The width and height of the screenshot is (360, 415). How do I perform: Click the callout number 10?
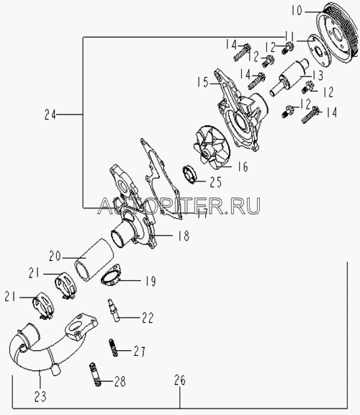click(x=297, y=11)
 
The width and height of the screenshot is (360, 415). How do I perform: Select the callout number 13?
click(x=318, y=76)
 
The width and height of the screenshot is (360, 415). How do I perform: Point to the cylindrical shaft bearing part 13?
click(x=289, y=77)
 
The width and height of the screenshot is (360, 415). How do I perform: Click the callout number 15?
click(x=203, y=82)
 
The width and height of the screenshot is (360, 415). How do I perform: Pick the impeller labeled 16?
click(x=212, y=147)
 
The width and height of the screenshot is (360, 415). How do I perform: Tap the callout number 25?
click(x=215, y=182)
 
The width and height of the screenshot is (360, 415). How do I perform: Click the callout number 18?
click(x=184, y=236)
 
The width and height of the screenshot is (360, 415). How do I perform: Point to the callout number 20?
click(x=55, y=256)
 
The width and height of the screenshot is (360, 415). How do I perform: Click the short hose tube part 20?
click(x=94, y=260)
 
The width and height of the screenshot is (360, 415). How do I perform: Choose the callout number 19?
click(x=150, y=281)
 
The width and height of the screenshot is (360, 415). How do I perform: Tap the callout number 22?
click(x=148, y=318)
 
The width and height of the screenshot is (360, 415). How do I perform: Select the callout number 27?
click(x=140, y=352)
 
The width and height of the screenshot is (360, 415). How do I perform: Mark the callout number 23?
click(x=40, y=396)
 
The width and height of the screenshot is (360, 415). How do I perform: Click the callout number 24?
click(x=50, y=115)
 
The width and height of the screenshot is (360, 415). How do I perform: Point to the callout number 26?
click(x=180, y=380)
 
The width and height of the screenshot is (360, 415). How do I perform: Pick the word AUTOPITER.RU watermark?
click(x=179, y=205)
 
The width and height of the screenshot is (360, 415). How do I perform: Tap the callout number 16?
click(x=243, y=166)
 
